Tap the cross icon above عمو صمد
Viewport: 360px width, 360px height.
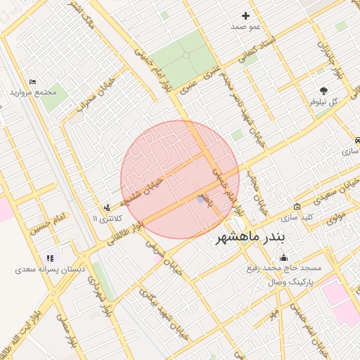point(245,15)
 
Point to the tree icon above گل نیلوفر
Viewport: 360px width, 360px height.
point(323,91)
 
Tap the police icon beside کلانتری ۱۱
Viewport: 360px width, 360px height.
point(107,207)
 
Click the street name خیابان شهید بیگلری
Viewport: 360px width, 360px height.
point(163,312)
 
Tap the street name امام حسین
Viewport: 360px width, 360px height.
point(46,225)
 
